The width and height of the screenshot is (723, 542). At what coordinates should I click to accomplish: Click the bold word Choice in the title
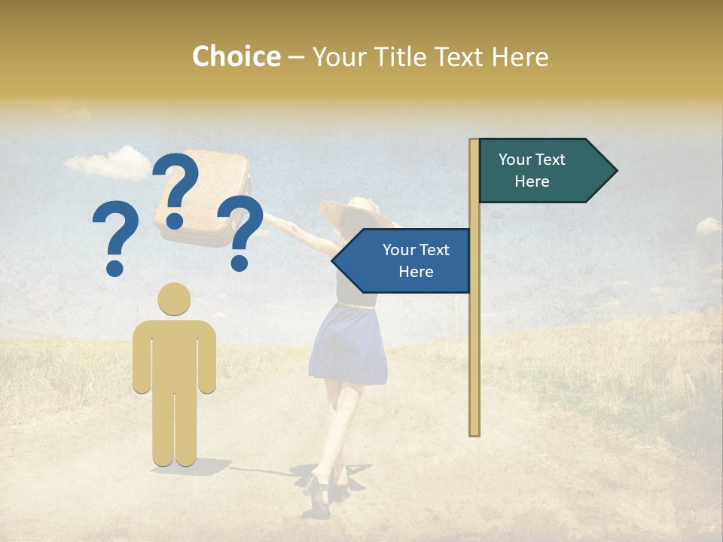236,57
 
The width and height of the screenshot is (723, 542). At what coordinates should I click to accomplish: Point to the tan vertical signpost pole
474,339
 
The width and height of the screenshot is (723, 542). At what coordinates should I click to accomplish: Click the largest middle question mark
176,188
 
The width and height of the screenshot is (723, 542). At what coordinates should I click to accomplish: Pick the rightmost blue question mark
242,232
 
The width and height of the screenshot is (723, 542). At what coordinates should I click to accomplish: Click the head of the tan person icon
174,299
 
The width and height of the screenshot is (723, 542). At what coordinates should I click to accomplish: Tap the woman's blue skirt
348,343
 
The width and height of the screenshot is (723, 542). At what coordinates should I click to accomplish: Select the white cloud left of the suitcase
109,163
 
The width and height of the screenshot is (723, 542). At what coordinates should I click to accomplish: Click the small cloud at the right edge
708,225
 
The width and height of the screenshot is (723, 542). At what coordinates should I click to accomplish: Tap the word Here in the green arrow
532,181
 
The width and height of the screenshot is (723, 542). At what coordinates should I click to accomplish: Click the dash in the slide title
296,58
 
